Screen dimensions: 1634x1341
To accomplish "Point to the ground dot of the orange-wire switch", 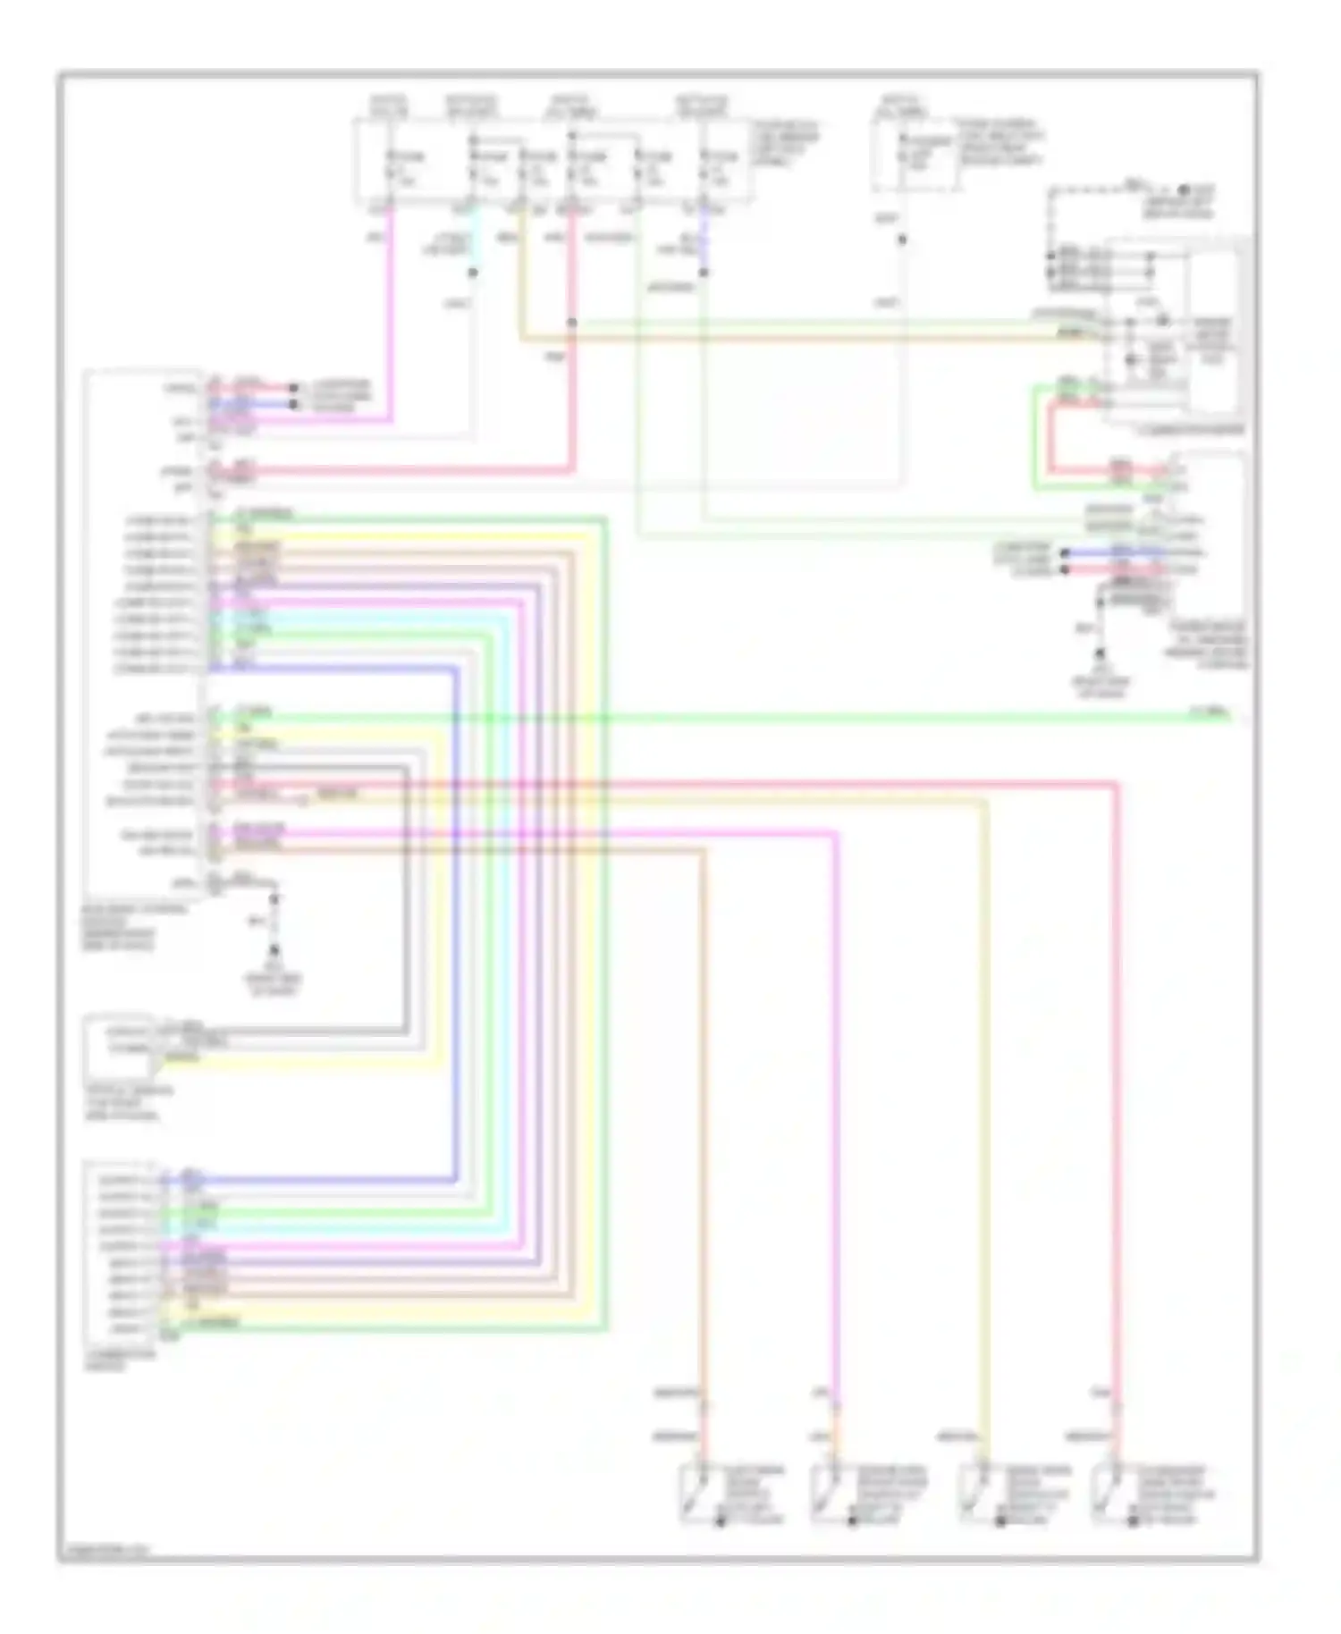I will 721,1520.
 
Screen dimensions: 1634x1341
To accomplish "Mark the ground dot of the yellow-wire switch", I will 1002,1520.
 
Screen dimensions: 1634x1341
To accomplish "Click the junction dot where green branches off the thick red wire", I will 572,323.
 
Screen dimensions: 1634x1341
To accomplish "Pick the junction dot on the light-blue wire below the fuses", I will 474,272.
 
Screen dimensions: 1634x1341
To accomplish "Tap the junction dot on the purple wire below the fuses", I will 704,272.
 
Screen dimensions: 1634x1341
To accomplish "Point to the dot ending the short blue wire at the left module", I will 293,404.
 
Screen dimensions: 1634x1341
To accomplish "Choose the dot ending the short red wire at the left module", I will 293,389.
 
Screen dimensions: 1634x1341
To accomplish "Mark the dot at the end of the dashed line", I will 1182,190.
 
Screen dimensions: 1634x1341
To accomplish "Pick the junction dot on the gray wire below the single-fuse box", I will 902,240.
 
